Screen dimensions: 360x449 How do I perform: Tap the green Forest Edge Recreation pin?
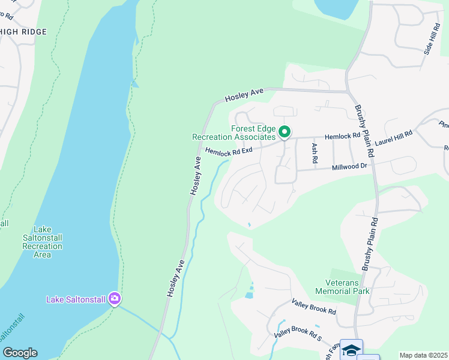[285, 131]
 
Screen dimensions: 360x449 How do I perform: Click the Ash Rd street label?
[313, 153]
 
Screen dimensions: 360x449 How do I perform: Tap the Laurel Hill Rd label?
[394, 140]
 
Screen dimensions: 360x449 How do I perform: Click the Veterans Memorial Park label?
[343, 287]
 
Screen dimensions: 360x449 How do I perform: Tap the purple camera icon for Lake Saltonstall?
[115, 299]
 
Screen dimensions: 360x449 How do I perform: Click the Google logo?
[20, 353]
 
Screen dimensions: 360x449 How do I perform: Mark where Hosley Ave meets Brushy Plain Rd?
[348, 92]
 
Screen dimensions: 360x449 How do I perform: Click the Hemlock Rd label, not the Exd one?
[342, 136]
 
